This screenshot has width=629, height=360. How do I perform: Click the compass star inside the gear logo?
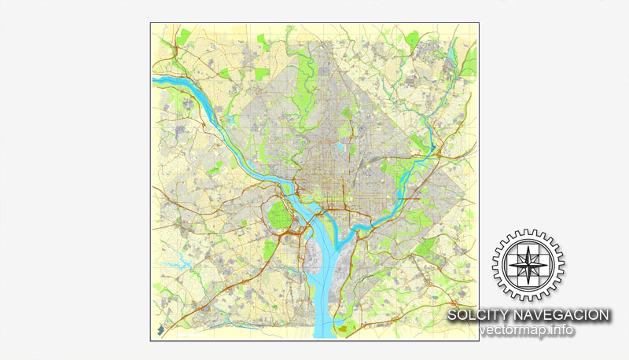[528, 265]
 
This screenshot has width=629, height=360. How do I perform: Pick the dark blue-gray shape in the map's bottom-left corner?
[163, 331]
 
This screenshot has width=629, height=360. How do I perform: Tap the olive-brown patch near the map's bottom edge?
[344, 324]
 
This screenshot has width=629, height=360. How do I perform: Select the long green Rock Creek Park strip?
[303, 79]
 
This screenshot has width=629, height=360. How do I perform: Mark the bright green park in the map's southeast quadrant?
[425, 249]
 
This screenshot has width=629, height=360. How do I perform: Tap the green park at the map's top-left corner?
[186, 35]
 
